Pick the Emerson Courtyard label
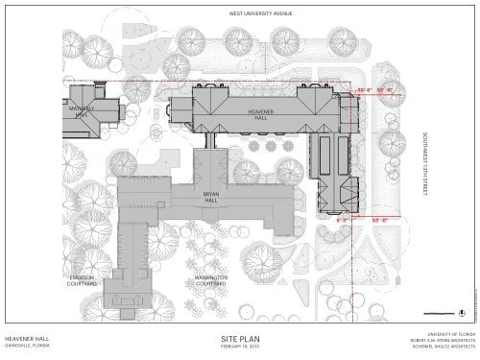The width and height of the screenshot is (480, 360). (x=80, y=280)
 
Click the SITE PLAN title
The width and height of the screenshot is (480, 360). (x=240, y=340)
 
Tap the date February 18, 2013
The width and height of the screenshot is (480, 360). (x=240, y=350)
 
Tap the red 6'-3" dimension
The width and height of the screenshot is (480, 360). (x=341, y=220)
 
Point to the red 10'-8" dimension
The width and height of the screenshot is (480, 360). (x=364, y=90)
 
